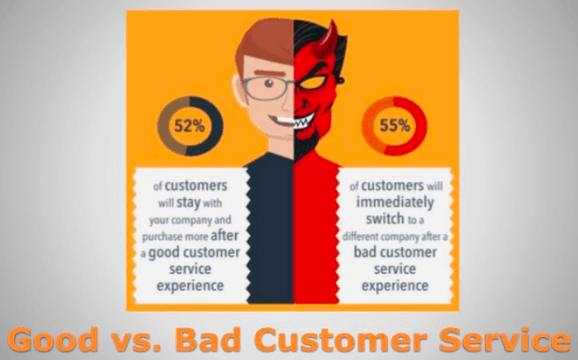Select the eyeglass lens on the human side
pos(267,88)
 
